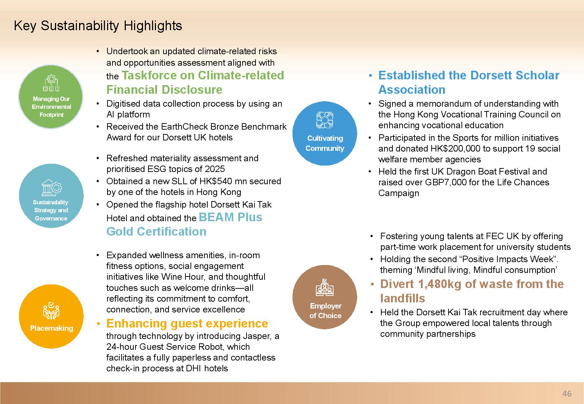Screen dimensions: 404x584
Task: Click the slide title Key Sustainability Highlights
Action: tap(98, 26)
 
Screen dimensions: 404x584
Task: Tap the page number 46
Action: tap(567, 394)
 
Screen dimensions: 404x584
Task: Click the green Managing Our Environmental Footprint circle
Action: tap(51, 97)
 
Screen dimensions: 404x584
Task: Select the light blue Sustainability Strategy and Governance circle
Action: tap(51, 196)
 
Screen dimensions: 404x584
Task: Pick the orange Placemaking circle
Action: tap(51, 316)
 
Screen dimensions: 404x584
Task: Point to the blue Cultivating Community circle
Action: tap(325, 133)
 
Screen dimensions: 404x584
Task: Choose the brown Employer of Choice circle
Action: tap(325, 297)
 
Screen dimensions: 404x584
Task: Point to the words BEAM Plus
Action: tap(230, 217)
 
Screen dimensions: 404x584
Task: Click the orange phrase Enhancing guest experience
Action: tap(187, 324)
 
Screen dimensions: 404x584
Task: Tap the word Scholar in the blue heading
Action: tap(537, 75)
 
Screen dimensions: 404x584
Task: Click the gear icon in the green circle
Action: tap(51, 79)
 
